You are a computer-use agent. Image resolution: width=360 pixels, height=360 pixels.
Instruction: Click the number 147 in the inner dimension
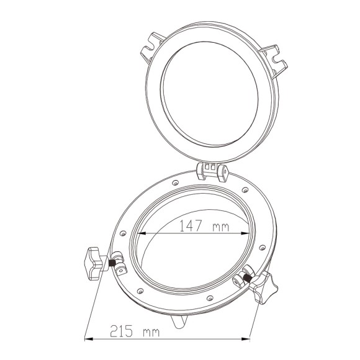coord(191,226)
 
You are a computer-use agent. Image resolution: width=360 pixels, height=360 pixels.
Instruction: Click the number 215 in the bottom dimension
coord(122,331)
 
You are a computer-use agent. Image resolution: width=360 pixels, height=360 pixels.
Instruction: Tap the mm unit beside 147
coord(220,227)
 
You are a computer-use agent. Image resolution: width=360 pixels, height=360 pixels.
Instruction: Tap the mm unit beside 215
coord(151,333)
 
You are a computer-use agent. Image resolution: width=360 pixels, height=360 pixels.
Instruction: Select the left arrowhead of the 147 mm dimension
coord(142,233)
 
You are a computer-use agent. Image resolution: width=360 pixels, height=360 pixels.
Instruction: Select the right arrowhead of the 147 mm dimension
coord(245,233)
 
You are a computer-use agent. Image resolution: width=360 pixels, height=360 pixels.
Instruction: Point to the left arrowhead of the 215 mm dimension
coord(89,339)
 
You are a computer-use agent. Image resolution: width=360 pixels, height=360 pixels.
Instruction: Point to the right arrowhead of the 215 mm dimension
coord(245,339)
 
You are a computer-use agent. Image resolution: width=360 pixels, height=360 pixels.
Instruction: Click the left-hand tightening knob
coord(94,263)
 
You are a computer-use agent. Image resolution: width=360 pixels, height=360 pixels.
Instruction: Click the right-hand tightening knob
coord(263,287)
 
